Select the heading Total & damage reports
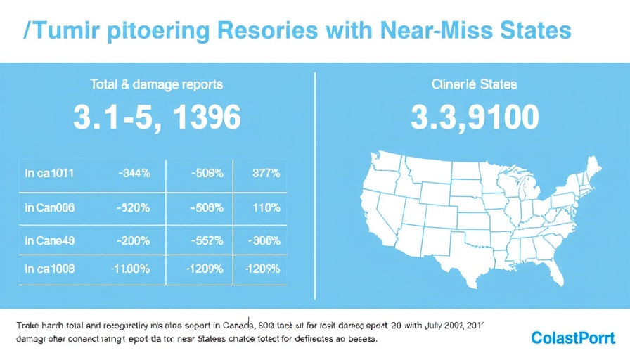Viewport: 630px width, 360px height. [157, 84]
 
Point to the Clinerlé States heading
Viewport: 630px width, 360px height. [474, 84]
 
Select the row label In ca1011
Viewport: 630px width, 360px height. [49, 172]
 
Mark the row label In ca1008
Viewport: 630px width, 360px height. [49, 269]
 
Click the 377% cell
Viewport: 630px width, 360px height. [264, 172]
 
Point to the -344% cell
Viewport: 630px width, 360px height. [133, 172]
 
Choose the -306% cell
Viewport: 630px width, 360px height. [263, 240]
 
